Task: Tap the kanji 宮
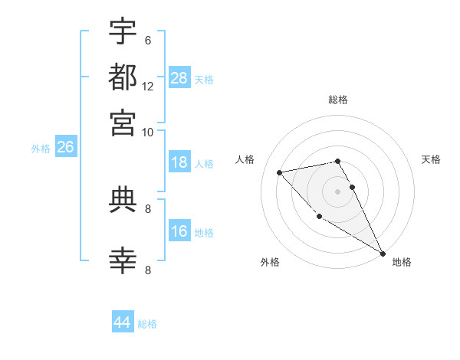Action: [x=123, y=123]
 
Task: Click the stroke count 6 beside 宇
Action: [x=147, y=41]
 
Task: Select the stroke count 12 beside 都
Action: [x=148, y=87]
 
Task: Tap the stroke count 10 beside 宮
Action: [x=148, y=133]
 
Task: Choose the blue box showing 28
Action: [x=179, y=77]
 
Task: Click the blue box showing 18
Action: [x=179, y=162]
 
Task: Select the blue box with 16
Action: [x=179, y=231]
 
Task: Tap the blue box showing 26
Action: [x=65, y=147]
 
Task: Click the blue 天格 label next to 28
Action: [x=204, y=79]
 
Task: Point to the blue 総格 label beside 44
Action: [x=147, y=324]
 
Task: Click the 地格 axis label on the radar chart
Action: [x=402, y=262]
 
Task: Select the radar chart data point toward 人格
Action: [x=280, y=172]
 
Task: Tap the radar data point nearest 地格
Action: [x=383, y=253]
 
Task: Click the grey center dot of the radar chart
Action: [x=337, y=191]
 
